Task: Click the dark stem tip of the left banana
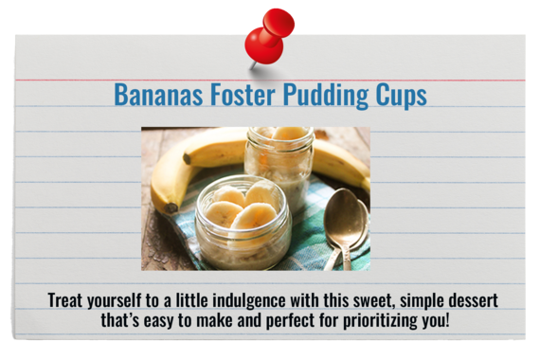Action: coord(171,207)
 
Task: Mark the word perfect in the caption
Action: coord(288,320)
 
